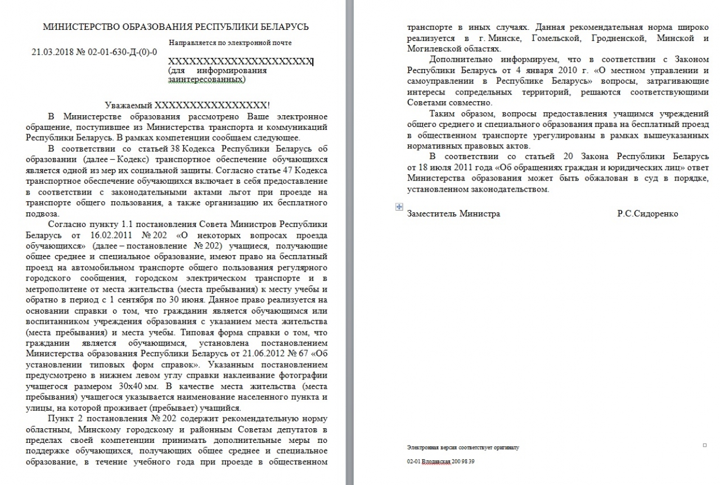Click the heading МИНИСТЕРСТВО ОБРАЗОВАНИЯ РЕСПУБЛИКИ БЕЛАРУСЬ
(176, 27)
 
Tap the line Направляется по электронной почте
(229, 43)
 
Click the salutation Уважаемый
(129, 105)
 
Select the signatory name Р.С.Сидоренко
(647, 214)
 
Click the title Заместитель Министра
(453, 214)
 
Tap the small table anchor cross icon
(399, 207)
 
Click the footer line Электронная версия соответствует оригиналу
(462, 448)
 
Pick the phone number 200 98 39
(464, 461)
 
